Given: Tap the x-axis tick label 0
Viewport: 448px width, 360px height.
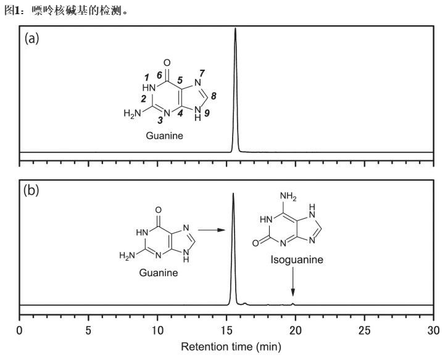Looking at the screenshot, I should [20, 330].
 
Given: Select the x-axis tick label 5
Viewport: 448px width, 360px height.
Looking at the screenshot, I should [89, 330].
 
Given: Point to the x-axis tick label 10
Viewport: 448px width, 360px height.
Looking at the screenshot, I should [158, 330].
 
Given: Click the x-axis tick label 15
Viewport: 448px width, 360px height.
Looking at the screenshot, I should [227, 330].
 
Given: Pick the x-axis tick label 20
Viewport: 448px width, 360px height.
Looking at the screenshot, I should [296, 330].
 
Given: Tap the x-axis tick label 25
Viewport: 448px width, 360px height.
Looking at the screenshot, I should [365, 330].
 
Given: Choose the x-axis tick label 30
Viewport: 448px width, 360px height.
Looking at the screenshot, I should [434, 330].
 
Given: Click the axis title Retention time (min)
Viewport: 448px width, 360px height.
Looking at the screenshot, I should [226, 347].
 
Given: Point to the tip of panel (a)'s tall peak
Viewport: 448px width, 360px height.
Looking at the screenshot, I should [235, 28].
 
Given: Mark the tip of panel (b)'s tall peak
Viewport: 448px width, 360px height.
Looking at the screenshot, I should [233, 194].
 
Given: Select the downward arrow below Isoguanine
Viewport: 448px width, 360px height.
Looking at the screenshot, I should [293, 285].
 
